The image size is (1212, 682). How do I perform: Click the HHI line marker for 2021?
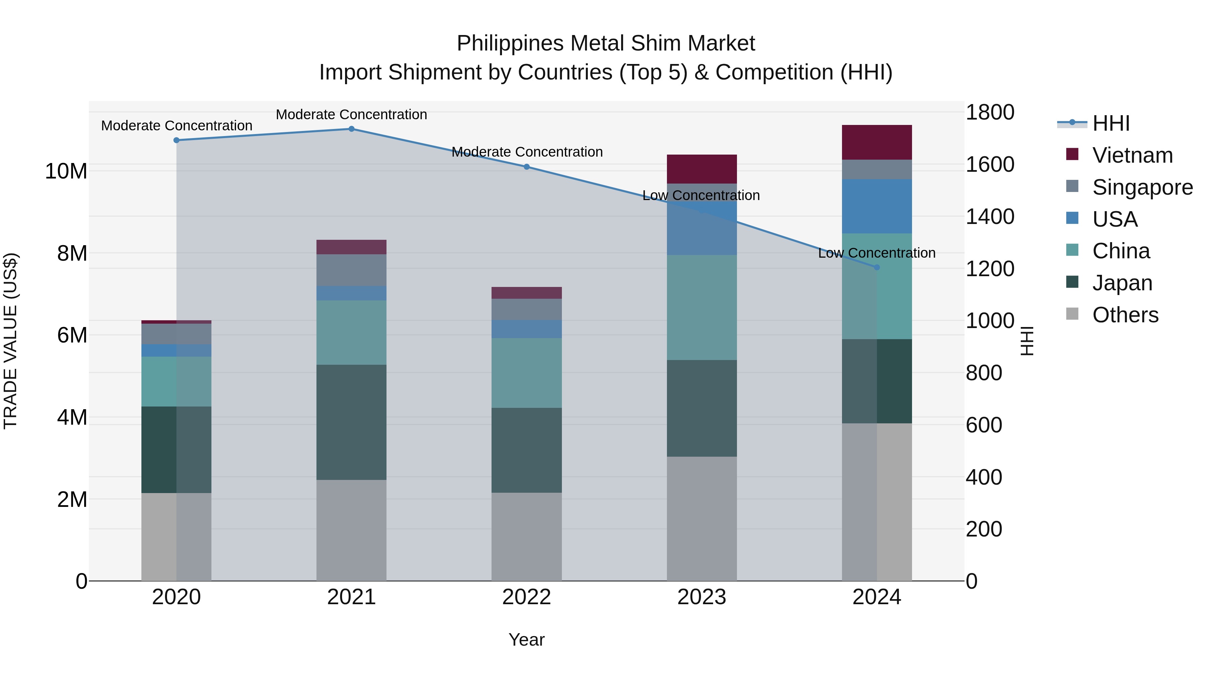pos(351,129)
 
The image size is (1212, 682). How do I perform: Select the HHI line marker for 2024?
pos(877,267)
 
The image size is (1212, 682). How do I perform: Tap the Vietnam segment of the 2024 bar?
pos(877,142)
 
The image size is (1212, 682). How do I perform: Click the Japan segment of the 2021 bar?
pos(351,422)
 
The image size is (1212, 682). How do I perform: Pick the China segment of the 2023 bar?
pos(702,307)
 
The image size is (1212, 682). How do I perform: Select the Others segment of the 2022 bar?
pos(527,537)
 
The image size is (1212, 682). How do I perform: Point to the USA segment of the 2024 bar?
pos(877,206)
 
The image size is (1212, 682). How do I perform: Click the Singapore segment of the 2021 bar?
pos(351,270)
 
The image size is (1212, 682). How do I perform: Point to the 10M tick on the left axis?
pos(66,171)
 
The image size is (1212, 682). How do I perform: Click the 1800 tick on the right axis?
pos(990,112)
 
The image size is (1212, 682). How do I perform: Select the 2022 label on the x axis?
pos(527,597)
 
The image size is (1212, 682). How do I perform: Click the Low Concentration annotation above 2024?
pos(877,253)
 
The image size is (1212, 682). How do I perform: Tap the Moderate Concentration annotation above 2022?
pos(527,152)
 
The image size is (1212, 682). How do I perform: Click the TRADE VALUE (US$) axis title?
pos(10,341)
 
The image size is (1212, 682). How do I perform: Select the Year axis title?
pos(527,640)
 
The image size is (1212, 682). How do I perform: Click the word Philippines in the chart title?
pos(510,43)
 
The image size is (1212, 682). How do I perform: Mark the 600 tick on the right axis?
pos(983,425)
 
